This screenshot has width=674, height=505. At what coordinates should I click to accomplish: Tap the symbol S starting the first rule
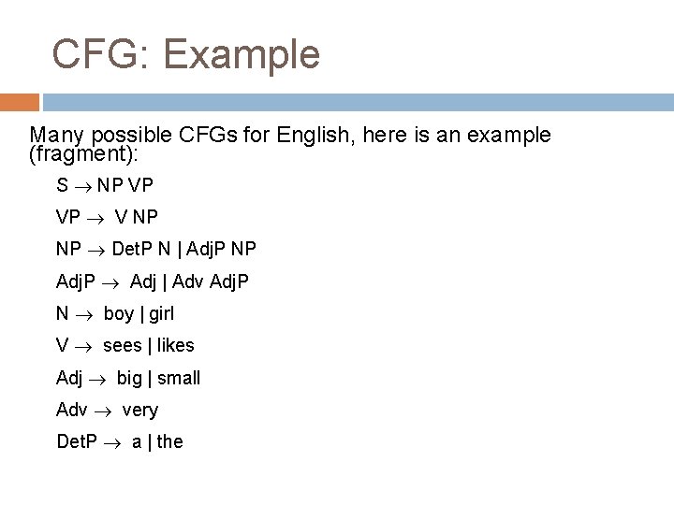(62, 186)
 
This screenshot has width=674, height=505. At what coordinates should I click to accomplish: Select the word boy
(118, 313)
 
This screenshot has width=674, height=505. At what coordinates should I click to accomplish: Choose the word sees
(123, 346)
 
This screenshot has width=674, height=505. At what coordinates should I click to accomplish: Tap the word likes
(177, 345)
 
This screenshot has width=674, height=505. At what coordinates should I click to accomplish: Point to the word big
(131, 379)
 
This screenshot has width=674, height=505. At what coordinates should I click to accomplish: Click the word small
(180, 378)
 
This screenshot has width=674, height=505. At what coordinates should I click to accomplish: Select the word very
(140, 411)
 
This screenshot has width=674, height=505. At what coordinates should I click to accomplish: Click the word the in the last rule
(170, 441)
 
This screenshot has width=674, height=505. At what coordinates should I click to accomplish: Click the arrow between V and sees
(83, 346)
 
